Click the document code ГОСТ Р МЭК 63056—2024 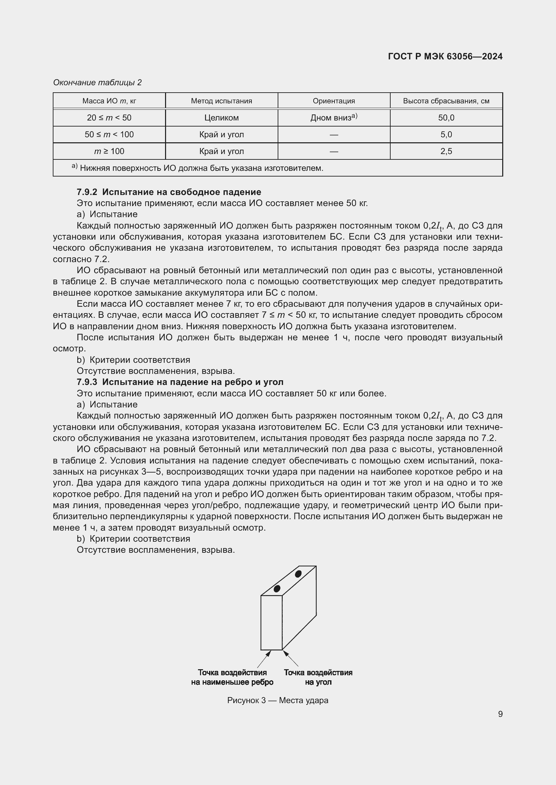tap(445, 56)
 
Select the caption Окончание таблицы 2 tap(97, 83)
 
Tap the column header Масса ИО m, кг tap(109, 101)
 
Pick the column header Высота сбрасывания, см tap(446, 101)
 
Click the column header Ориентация tap(334, 101)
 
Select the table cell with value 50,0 tap(446, 117)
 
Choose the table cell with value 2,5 tap(446, 151)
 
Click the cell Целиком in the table tap(222, 117)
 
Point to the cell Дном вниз tap(334, 117)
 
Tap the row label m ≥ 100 tap(109, 151)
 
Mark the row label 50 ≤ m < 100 tap(109, 134)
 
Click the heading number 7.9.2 tap(87, 192)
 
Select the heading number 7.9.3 tap(87, 382)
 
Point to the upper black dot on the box tap(298, 574)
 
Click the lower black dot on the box tap(277, 588)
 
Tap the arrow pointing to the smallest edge tap(264, 658)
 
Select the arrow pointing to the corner tap(290, 658)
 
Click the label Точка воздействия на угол tap(318, 677)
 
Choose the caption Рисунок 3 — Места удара tap(278, 700)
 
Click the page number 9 tap(500, 714)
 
